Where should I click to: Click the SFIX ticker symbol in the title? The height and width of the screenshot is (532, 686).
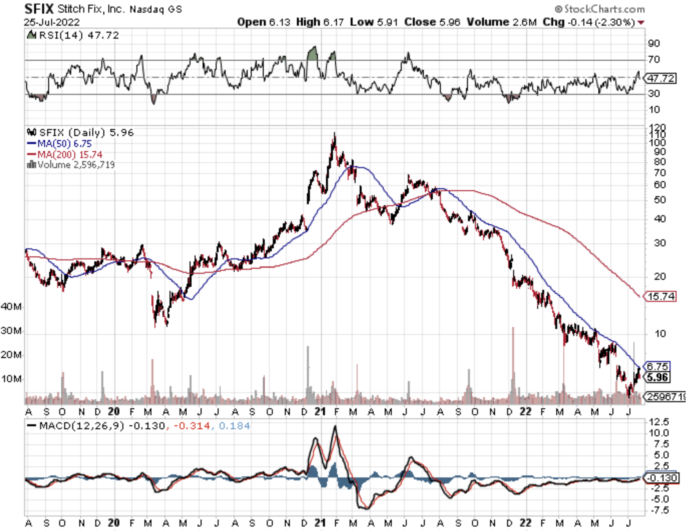pos(39,9)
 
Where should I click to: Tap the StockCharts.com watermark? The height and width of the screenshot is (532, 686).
pos(600,9)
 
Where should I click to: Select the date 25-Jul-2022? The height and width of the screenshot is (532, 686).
pos(52,22)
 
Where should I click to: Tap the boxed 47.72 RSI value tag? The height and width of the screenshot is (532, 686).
pos(661,78)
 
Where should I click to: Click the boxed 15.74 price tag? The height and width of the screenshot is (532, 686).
pos(661,296)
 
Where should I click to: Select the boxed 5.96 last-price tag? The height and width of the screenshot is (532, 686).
pos(658,377)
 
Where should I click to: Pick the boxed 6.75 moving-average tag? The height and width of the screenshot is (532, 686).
pos(658,366)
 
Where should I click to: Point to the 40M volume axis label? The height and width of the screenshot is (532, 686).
pos(11,306)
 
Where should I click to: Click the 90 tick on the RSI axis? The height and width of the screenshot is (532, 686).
pos(654,43)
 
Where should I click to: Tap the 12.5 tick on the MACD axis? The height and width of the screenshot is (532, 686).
pos(659,422)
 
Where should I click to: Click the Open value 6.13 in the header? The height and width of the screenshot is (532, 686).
pos(279,22)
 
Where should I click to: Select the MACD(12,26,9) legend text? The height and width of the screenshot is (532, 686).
pos(82,426)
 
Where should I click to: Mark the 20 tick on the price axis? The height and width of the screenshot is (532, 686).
pos(660,276)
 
